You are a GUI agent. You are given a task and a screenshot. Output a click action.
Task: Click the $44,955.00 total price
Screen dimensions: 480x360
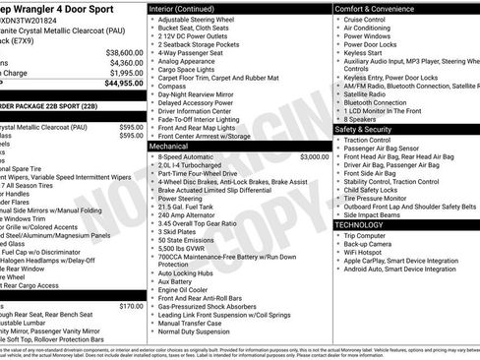119,84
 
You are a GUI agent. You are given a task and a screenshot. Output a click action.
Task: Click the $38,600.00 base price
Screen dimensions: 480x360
124,52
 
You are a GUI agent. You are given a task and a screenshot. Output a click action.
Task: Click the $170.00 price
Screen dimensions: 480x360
131,306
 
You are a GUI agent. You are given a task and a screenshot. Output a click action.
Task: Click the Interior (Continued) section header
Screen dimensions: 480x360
187,9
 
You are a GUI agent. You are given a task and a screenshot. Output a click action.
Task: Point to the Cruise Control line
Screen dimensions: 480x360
365,19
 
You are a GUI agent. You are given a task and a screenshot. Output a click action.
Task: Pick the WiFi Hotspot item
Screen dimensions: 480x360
368,252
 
